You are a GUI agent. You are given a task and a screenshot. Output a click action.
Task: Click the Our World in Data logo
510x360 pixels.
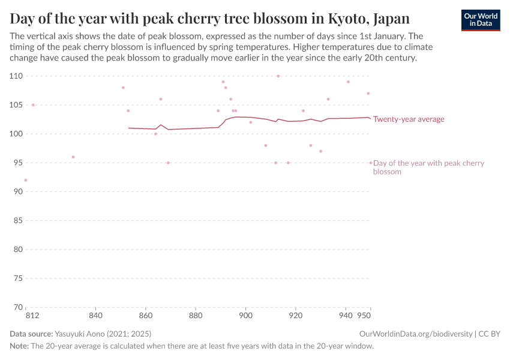[x=480, y=20]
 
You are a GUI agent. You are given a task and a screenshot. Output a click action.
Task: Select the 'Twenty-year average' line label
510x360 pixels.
[x=409, y=119]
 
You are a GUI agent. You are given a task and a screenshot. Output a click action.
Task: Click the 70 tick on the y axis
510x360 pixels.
[x=17, y=307]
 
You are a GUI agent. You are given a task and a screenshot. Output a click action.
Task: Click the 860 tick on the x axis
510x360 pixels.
[x=145, y=316]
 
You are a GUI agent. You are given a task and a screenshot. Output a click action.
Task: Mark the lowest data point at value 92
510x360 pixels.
[x=25, y=180]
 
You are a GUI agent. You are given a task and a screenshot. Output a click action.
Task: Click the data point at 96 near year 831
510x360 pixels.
[x=73, y=157]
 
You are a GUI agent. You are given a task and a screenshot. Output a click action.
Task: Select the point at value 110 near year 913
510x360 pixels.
[x=278, y=76]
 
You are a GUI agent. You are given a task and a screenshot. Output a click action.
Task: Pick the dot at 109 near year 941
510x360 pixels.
[x=348, y=82]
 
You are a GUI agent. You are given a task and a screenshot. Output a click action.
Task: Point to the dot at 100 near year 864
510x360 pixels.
[x=155, y=134]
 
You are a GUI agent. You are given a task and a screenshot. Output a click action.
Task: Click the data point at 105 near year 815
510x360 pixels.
[x=33, y=105]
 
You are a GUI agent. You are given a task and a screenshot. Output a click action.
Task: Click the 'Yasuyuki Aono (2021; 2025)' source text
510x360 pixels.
[x=103, y=334]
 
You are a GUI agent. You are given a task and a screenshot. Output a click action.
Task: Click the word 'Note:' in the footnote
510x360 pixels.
[x=19, y=346]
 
